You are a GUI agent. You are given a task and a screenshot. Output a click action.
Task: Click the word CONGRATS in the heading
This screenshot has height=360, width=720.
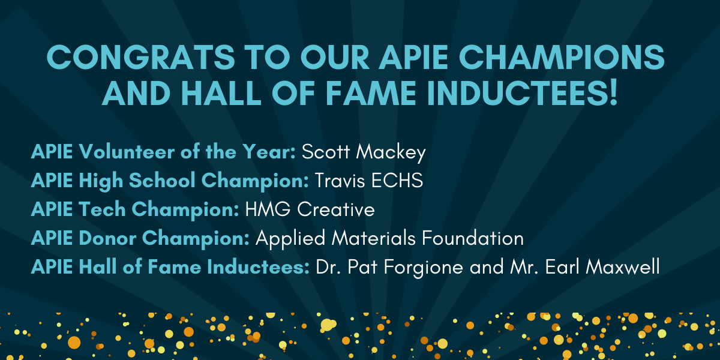point(141,57)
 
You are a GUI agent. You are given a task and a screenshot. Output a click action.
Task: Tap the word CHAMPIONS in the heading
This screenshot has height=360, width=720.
point(562,57)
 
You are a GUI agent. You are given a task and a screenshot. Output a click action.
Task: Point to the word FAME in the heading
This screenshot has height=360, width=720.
point(371,93)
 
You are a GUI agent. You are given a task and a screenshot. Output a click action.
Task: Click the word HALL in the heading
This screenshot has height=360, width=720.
point(221,93)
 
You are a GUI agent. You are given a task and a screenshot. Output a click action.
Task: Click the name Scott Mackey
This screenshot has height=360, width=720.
point(364,152)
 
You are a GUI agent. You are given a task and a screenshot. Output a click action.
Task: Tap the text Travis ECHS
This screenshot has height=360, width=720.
point(368,180)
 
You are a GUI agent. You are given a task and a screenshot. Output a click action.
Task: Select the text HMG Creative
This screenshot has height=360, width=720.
point(310,209)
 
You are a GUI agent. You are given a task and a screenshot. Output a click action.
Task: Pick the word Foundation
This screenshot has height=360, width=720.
point(473,238)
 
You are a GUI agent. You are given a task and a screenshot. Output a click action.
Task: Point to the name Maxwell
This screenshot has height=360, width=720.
point(623,267)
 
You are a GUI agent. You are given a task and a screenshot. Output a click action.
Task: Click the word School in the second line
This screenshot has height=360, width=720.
point(162,180)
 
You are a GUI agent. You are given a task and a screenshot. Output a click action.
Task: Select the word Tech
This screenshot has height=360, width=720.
point(102,209)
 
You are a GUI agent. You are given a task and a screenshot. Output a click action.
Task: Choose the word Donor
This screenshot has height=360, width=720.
point(107,238)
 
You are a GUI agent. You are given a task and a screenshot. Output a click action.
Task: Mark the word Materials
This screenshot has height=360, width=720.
point(373,238)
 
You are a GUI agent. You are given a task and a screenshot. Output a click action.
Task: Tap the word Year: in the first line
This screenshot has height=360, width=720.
point(269,151)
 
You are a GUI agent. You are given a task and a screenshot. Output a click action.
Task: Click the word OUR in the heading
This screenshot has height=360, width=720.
point(335,57)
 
